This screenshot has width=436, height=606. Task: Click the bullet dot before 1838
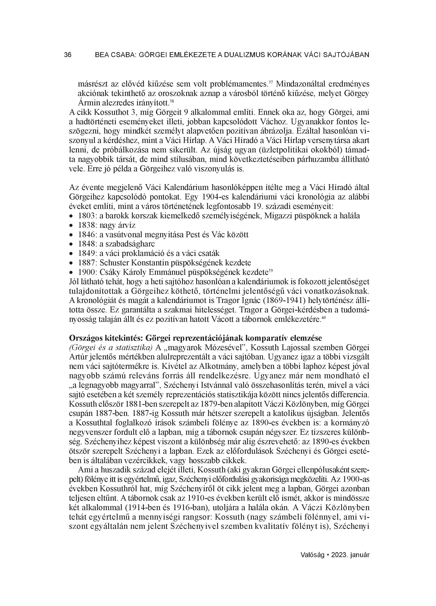point(71,225)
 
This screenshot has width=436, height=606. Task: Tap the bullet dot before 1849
point(71,254)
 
